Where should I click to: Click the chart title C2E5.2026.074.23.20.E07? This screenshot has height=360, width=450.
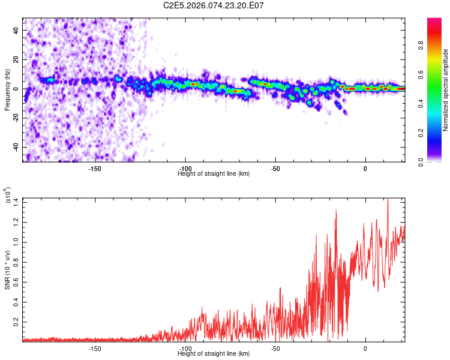214,6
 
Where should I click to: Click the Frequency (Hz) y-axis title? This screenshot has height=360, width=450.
7,90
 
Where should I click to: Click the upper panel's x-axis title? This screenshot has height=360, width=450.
214,173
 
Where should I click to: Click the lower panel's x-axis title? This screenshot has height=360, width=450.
214,353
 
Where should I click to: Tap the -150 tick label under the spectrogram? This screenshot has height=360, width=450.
94,168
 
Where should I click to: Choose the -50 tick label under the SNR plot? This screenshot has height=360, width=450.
275,348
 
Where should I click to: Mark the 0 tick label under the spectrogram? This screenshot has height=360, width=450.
365,168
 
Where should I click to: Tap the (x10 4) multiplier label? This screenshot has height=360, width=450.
8,195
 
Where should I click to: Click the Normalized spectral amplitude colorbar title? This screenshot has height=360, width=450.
446,90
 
